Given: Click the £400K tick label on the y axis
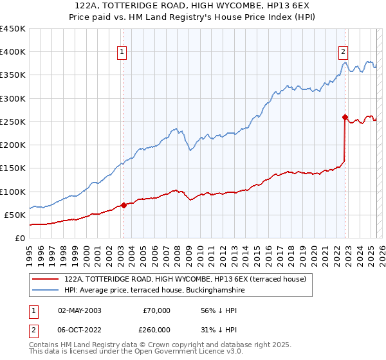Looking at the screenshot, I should [x=13, y=52].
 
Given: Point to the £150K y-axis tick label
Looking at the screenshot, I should [x=13, y=168].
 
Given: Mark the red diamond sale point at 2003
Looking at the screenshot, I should [x=124, y=206].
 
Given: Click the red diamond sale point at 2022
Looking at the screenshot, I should [x=345, y=117].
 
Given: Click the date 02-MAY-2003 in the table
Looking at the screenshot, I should [x=80, y=310].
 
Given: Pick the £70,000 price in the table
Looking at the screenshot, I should [x=156, y=310].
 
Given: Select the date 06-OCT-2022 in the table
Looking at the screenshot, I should [x=80, y=330].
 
